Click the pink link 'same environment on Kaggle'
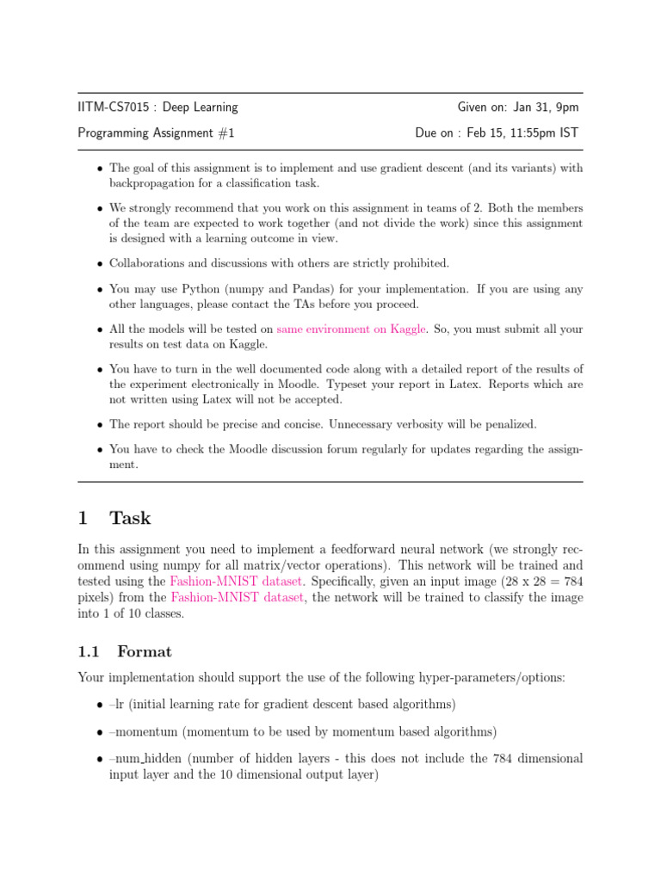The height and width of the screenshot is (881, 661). [351, 329]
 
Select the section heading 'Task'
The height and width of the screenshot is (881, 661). [130, 518]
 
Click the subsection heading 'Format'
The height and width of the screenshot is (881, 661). [145, 651]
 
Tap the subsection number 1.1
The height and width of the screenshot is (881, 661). [90, 651]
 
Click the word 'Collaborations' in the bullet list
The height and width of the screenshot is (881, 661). [148, 263]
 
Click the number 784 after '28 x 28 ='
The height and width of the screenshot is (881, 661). [571, 582]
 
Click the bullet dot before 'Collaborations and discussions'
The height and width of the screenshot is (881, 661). [100, 264]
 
